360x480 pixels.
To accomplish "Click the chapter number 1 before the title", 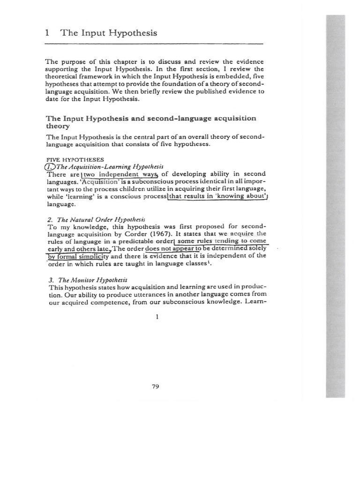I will [47, 33].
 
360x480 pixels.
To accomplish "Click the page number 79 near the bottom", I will [156, 386].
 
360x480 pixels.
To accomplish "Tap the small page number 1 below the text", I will [157, 316].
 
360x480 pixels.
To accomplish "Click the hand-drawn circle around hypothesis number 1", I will [50, 167].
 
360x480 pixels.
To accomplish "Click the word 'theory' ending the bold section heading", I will [57, 126].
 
